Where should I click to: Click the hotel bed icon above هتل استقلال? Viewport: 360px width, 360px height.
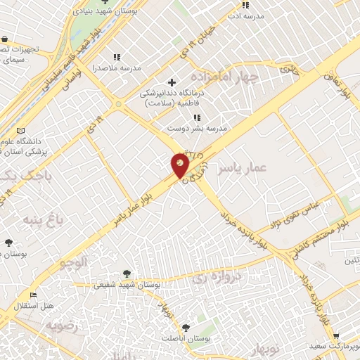32,295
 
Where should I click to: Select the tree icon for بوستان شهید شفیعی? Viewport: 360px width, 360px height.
127,273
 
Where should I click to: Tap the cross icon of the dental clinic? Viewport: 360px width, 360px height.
172,83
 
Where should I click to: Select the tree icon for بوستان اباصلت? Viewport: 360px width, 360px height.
186,327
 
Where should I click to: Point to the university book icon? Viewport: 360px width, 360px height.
20,131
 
